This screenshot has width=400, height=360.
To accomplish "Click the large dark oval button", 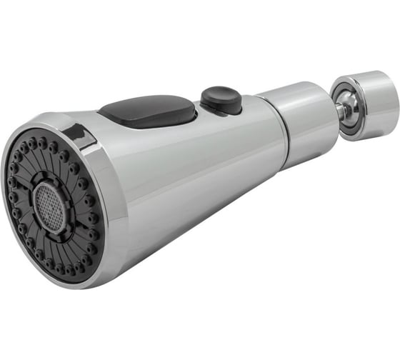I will click(x=148, y=111).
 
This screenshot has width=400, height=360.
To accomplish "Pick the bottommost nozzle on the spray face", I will click(x=67, y=269).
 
